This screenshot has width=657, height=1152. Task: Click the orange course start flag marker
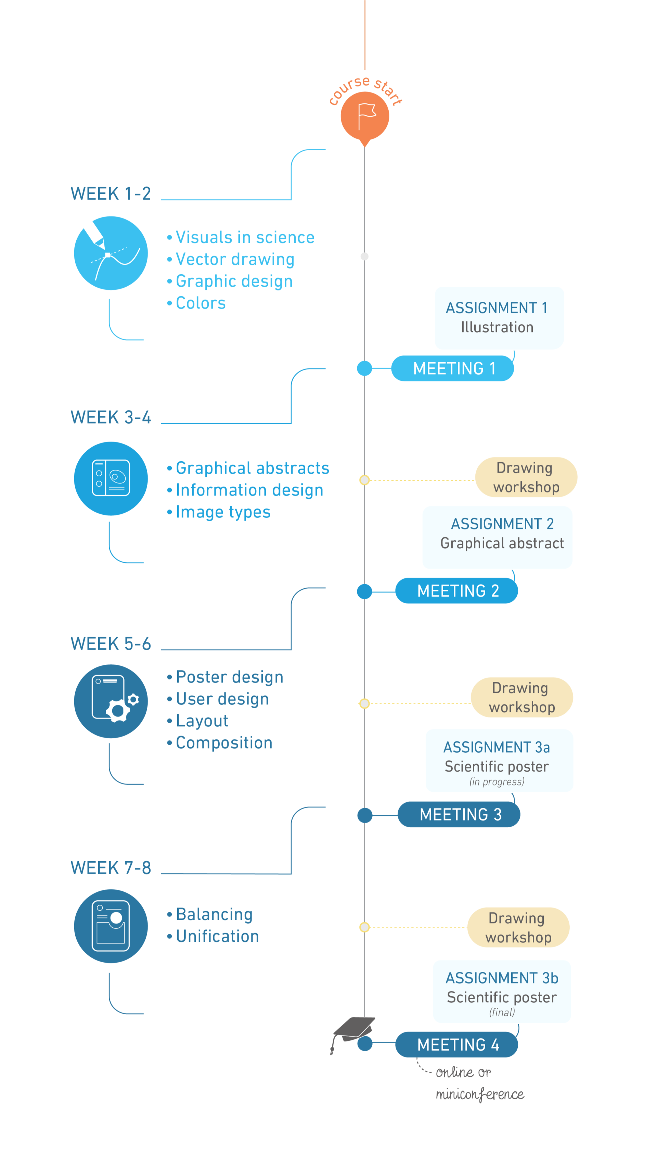364,117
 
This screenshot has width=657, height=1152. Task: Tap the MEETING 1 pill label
453,368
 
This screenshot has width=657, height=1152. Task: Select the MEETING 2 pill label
457,591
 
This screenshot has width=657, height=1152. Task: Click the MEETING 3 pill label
459,815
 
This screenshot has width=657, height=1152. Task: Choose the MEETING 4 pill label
457,1044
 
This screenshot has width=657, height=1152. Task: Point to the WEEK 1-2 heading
111,194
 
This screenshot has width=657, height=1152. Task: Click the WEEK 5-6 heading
111,644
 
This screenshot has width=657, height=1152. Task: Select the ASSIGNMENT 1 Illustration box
499,318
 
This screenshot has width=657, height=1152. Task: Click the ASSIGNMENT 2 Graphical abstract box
497,537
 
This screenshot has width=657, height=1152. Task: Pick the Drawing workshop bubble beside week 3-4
526,477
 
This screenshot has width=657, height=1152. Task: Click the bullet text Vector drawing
235,260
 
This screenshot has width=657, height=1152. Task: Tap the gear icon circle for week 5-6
111,701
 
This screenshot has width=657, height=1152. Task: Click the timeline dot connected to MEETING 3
364,815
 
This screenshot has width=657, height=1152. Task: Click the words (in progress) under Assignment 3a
497,782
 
